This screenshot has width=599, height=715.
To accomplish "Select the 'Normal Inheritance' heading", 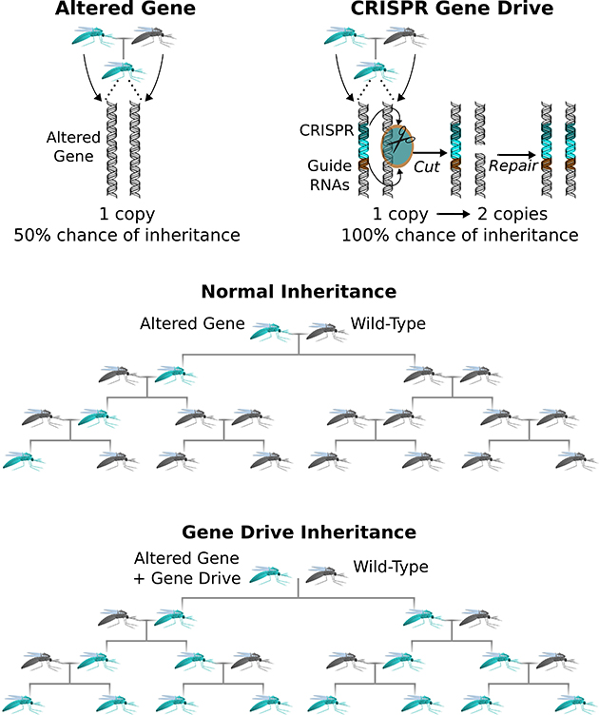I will pyautogui.click(x=299, y=291).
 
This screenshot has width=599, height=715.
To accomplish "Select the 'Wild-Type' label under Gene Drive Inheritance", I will pyautogui.click(x=391, y=568).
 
